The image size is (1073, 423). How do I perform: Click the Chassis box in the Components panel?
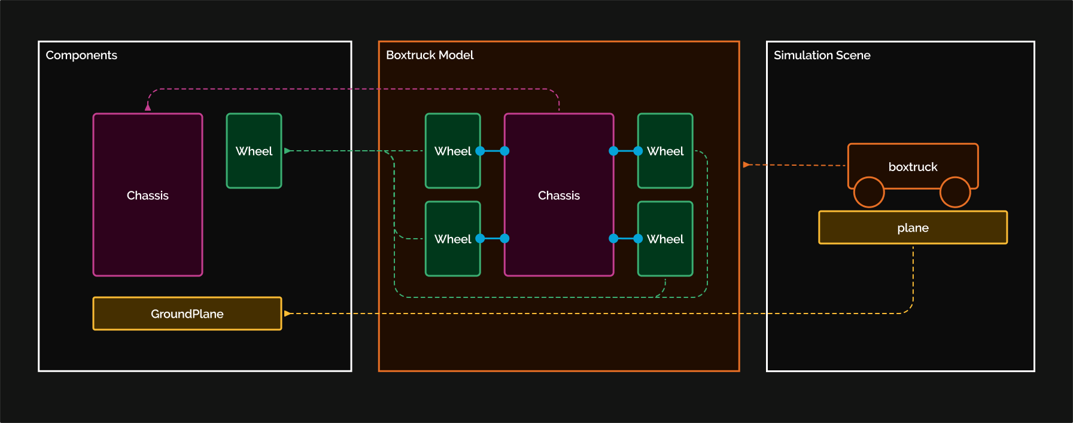click(x=148, y=195)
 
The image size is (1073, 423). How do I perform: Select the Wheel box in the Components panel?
click(x=254, y=151)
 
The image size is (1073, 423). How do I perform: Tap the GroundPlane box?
click(x=187, y=314)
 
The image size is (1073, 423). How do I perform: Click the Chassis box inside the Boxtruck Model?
click(x=558, y=195)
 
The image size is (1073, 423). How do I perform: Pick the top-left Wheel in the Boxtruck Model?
click(x=452, y=151)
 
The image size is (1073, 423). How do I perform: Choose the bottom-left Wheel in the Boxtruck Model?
click(x=452, y=239)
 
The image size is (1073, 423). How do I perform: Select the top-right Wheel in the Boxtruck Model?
click(x=665, y=151)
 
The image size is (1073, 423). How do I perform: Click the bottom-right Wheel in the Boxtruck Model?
click(x=665, y=239)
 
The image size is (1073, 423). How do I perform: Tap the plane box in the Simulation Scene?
click(x=913, y=227)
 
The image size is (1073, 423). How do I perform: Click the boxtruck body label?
click(x=913, y=166)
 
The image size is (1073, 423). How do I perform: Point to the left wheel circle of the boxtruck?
click(x=868, y=192)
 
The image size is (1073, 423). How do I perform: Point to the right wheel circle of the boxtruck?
click(x=955, y=192)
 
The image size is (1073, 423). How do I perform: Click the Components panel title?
click(x=81, y=55)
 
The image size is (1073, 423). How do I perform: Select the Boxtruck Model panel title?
click(x=430, y=55)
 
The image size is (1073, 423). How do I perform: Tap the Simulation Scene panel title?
click(x=822, y=55)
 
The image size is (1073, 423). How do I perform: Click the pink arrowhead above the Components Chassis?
click(x=148, y=107)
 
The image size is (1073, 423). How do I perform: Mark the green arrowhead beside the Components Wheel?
click(x=288, y=151)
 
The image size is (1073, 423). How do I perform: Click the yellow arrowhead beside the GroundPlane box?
click(x=288, y=314)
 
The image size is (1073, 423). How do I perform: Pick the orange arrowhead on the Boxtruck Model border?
click(x=746, y=165)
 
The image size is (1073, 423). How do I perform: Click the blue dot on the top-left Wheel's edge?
click(x=480, y=151)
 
